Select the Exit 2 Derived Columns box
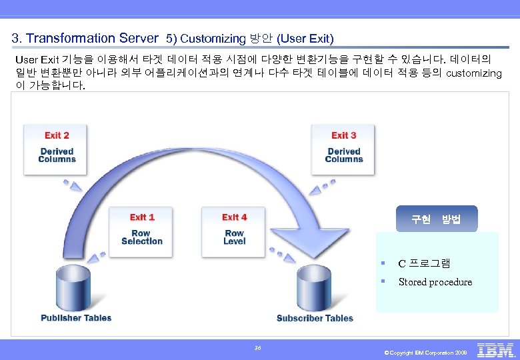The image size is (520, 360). (x=57, y=148)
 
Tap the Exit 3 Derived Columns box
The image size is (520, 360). (x=344, y=148)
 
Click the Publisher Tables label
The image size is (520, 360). (x=76, y=318)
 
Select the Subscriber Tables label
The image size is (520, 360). (x=315, y=318)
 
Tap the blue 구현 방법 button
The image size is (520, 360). (x=437, y=219)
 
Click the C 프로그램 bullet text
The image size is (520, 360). (x=424, y=263)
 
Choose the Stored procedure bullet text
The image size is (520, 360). (x=435, y=282)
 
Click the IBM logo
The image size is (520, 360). (x=496, y=350)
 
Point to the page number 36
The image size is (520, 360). (x=258, y=347)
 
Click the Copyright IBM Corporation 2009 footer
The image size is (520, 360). (x=426, y=352)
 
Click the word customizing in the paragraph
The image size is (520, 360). (x=473, y=73)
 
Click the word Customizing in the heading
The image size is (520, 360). (x=213, y=39)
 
